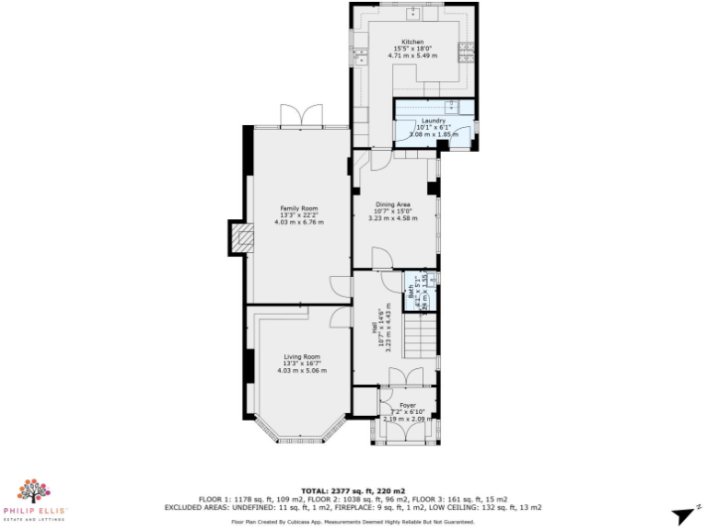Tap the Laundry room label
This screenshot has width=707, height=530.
(x=434, y=121)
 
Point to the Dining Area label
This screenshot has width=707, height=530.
(x=392, y=204)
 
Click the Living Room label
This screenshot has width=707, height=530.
(x=302, y=356)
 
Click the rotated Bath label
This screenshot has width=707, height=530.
(x=411, y=294)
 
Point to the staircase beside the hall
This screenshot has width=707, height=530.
(x=420, y=340)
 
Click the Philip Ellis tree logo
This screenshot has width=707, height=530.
(x=34, y=490)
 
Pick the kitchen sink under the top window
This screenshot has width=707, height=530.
(x=413, y=13)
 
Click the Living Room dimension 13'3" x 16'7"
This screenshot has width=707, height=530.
(x=302, y=363)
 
